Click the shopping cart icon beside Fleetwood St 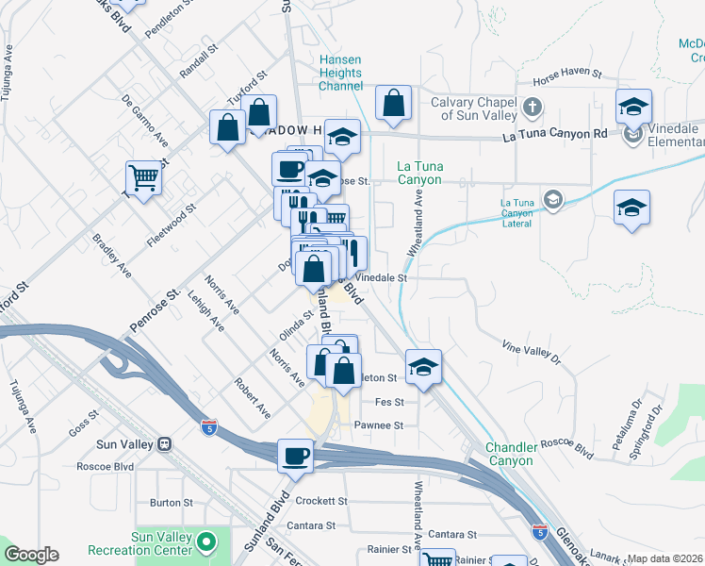(142, 176)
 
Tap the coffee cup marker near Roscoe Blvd (295, 456)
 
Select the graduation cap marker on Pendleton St (423, 367)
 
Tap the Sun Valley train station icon (164, 443)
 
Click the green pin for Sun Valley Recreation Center (206, 542)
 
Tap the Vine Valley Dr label (531, 352)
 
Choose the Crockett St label (321, 501)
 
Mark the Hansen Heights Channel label (340, 73)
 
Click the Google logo (31, 554)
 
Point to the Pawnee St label (378, 425)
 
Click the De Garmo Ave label (144, 121)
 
